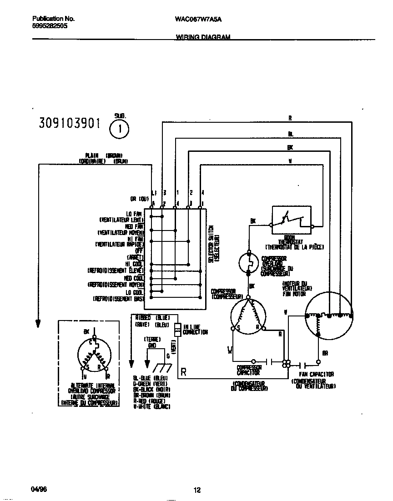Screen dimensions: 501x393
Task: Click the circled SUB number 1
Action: coord(119,129)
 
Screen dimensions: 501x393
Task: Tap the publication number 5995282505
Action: coord(50,26)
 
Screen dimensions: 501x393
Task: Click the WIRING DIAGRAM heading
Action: coord(202,37)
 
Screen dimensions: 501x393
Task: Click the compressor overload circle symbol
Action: coord(248,262)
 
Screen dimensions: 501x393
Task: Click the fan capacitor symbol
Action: coord(302,365)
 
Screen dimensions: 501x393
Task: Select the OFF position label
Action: coord(139,250)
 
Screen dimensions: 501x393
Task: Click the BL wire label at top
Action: coord(290,134)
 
